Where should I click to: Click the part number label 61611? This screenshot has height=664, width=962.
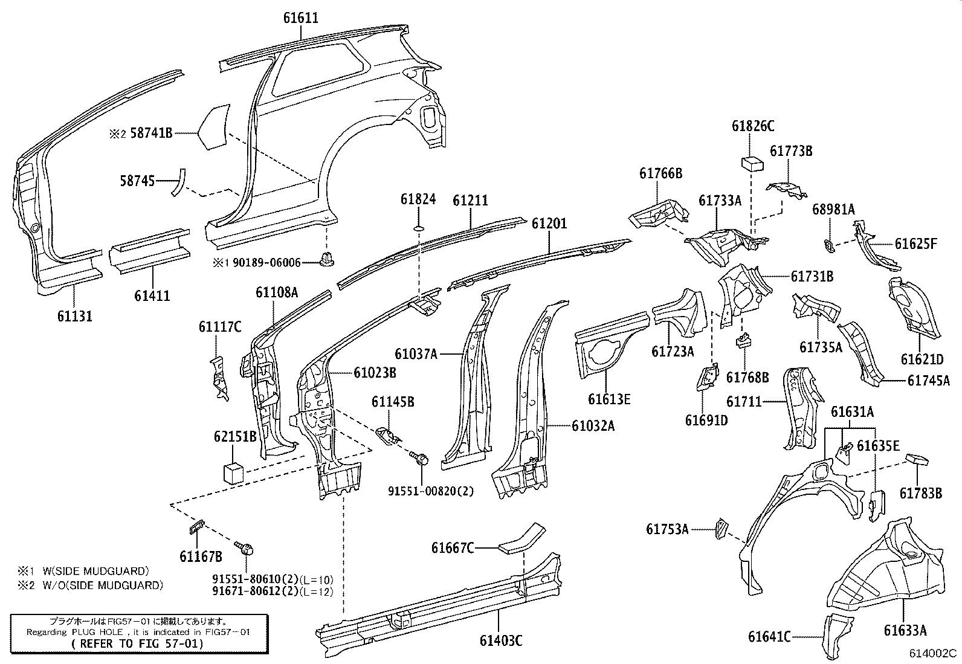click(300, 18)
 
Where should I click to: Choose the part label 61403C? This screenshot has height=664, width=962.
click(500, 640)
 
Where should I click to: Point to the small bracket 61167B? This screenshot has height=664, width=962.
click(196, 527)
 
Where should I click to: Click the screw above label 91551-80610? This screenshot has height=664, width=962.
click(248, 549)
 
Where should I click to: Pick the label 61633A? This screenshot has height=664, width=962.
click(905, 631)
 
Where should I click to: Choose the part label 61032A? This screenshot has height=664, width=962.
click(593, 426)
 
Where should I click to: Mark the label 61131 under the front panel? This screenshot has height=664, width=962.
click(75, 315)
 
